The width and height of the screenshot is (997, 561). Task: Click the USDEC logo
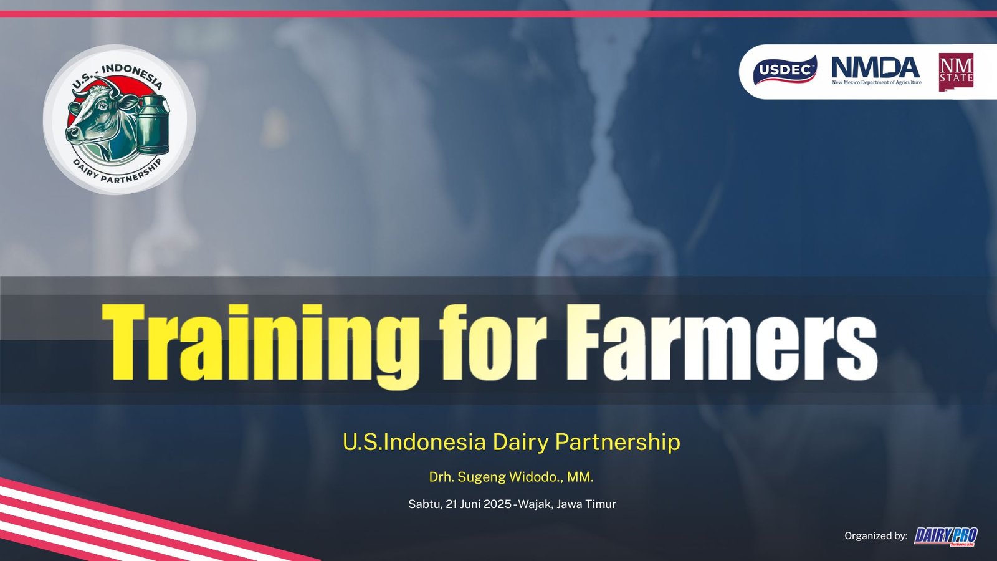[785, 70]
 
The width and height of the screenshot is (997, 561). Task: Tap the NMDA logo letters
[875, 67]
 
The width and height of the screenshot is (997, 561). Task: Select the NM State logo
[956, 72]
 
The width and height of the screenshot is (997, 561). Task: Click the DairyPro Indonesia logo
[946, 536]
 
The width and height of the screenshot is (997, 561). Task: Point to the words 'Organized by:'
[876, 535]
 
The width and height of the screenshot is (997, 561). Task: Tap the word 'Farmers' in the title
[722, 342]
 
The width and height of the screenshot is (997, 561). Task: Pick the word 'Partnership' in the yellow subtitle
[618, 442]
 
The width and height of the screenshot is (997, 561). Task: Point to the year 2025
[497, 504]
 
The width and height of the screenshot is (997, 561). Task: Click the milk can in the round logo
[153, 124]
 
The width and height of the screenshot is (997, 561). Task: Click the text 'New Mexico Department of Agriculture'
[876, 82]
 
